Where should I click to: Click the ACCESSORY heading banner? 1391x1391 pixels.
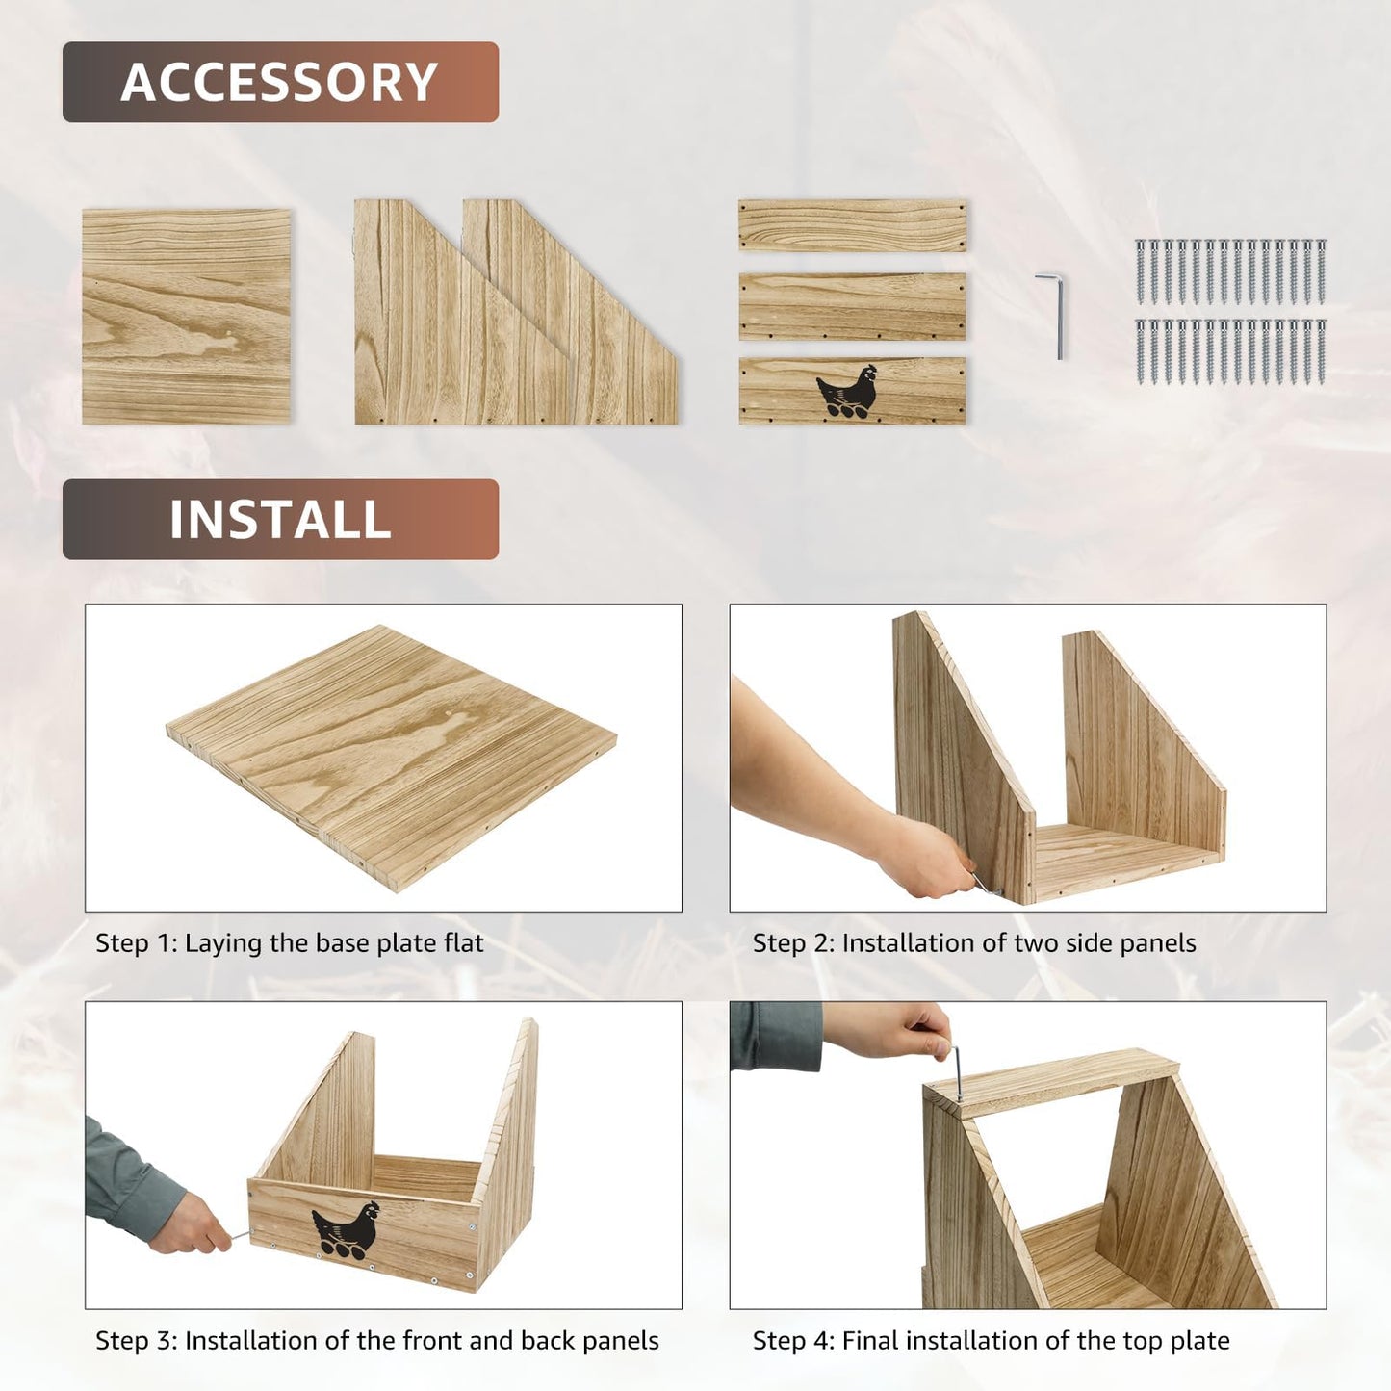click(x=280, y=82)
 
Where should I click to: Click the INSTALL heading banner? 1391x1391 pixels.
click(x=280, y=519)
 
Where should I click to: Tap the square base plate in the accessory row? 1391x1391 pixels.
click(x=186, y=316)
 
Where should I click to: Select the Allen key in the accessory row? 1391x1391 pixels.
click(x=1052, y=315)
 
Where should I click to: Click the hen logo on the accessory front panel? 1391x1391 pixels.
click(x=847, y=391)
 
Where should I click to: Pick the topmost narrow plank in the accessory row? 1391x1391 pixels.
click(x=853, y=225)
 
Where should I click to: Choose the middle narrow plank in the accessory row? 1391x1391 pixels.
click(x=853, y=306)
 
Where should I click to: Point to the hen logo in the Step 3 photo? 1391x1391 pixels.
click(x=345, y=1230)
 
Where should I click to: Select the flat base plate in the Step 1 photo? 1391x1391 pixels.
click(x=391, y=758)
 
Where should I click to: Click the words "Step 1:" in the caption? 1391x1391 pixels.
click(x=137, y=942)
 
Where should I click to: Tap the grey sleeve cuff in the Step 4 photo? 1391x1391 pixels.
click(x=776, y=1036)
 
